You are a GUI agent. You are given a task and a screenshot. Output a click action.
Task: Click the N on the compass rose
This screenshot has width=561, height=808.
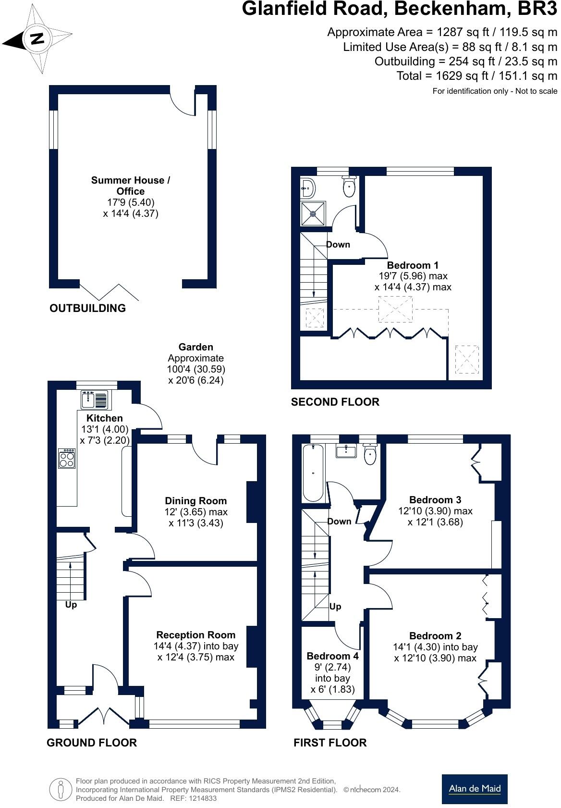(37, 38)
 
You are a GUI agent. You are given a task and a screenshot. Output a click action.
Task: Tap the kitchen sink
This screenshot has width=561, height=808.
(94, 399)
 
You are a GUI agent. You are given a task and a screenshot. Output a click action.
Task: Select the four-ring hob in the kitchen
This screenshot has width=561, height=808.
(67, 458)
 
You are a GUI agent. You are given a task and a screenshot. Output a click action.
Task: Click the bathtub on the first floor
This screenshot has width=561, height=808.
(313, 472)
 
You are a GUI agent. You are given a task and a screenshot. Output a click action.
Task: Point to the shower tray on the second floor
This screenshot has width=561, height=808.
(313, 213)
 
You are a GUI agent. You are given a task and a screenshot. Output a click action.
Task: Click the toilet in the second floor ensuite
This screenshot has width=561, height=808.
(349, 186)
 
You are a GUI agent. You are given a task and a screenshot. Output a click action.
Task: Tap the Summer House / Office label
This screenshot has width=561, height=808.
(131, 186)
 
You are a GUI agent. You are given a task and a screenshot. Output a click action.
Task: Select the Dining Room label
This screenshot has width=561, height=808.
(196, 501)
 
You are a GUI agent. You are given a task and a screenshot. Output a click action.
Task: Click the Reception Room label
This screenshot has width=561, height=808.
(196, 635)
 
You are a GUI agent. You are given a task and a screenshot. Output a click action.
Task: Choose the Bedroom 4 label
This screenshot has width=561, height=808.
(332, 656)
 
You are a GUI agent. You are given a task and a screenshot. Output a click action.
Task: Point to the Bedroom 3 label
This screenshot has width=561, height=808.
(435, 499)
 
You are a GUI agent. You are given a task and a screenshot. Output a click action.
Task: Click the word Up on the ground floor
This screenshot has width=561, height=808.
(71, 605)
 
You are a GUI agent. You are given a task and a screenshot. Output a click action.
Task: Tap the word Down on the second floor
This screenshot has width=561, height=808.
(338, 245)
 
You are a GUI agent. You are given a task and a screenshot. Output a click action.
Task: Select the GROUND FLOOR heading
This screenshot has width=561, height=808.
(92, 742)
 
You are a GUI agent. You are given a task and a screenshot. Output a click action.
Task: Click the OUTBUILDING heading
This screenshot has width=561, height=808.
(87, 308)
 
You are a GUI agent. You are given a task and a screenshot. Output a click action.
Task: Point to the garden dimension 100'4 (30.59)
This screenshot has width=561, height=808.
(196, 369)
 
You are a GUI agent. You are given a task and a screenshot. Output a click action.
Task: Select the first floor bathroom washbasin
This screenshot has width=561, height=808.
(346, 451)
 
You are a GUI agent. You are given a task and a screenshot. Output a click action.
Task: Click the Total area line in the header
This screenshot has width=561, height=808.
(476, 76)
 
